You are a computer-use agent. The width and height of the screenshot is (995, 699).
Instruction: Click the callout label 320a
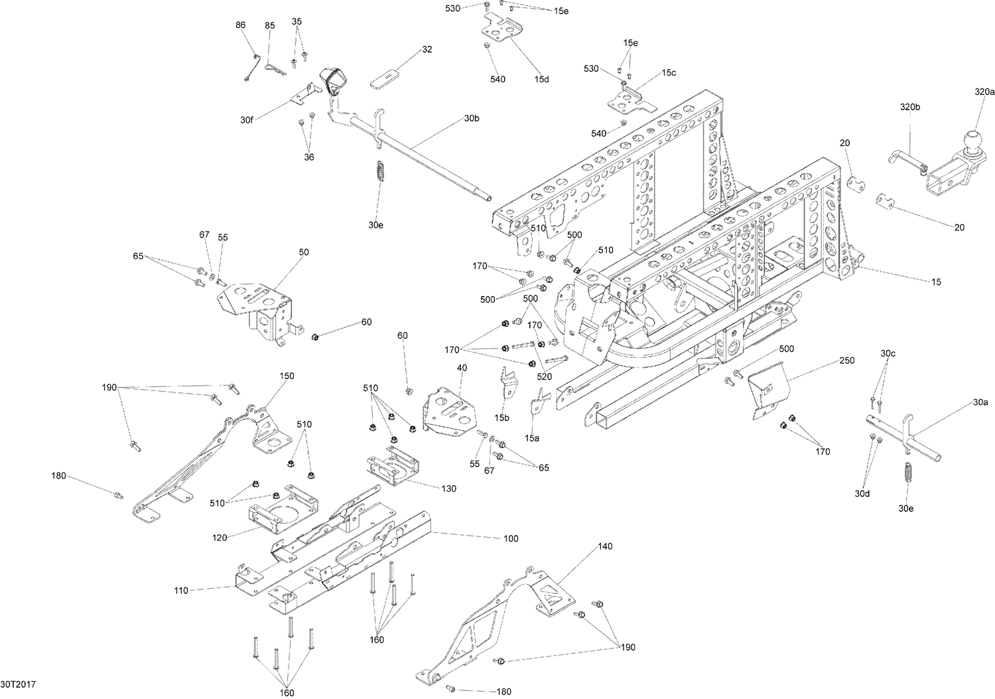click(x=984, y=91)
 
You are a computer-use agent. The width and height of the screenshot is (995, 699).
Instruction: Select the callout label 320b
click(x=909, y=107)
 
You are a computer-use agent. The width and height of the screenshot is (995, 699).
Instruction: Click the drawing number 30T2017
click(x=18, y=684)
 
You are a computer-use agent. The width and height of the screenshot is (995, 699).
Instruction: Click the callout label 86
click(x=240, y=25)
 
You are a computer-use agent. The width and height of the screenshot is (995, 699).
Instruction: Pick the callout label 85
click(x=269, y=26)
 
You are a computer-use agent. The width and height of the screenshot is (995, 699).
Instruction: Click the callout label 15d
click(x=541, y=79)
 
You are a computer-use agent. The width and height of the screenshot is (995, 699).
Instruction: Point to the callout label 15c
click(x=668, y=72)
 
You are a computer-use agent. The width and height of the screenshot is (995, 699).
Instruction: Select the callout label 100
click(x=510, y=538)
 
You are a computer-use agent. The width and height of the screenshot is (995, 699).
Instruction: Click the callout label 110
click(x=180, y=590)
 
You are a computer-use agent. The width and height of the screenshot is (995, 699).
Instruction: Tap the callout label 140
click(x=605, y=546)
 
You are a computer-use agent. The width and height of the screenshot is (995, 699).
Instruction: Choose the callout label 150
click(x=286, y=376)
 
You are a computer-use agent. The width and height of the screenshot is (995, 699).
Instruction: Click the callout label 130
click(x=448, y=489)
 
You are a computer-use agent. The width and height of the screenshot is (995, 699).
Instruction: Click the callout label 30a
click(x=980, y=402)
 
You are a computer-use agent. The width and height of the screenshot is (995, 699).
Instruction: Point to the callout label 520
click(x=544, y=377)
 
